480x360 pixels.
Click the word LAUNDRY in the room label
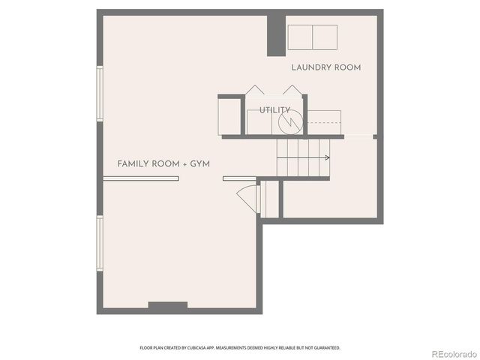pyautogui.click(x=308, y=67)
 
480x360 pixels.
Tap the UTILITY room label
pyautogui.click(x=274, y=110)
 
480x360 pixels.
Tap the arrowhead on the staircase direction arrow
pyautogui.click(x=327, y=157)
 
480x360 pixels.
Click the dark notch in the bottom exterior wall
pyautogui.click(x=167, y=305)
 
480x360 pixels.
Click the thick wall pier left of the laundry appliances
pyautogui.click(x=275, y=34)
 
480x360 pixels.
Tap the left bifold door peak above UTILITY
pyautogui.click(x=255, y=89)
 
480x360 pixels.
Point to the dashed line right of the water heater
pyautogui.click(x=323, y=123)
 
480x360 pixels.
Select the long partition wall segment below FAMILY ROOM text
pyautogui.click(x=141, y=178)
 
